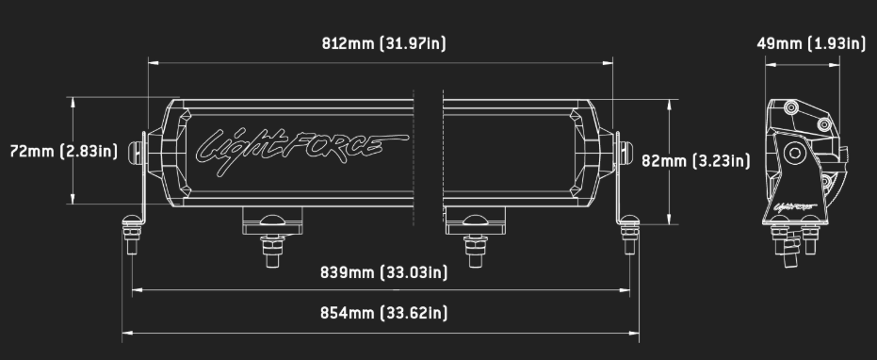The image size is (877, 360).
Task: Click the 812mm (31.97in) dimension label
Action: click(x=384, y=43)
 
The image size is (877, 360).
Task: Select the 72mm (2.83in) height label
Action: click(x=63, y=151)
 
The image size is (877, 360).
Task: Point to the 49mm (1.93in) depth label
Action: click(x=810, y=43)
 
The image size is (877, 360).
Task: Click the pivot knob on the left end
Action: click(x=141, y=151)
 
